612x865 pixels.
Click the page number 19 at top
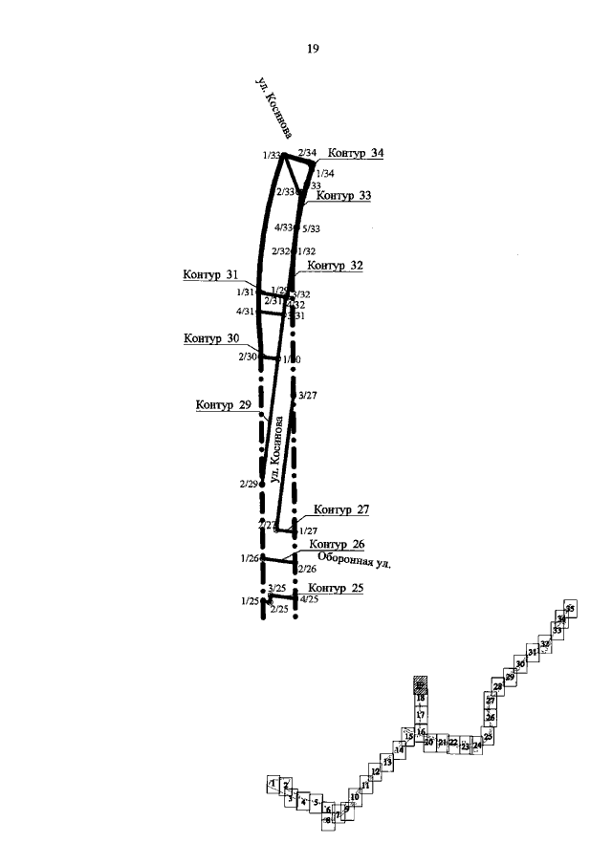coord(313,49)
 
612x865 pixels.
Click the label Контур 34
coord(356,153)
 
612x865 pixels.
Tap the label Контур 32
coord(336,266)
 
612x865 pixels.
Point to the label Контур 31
coord(211,275)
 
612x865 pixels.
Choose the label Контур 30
coord(212,338)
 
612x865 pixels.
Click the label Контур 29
coord(223,405)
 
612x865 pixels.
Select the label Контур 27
coord(341,509)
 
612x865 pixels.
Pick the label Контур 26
coord(338,544)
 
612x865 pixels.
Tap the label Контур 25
coord(337,587)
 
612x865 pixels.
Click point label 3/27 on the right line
coord(309,394)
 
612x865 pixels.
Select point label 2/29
coord(249,484)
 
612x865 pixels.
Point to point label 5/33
coord(311,229)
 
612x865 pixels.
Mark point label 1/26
coord(250,557)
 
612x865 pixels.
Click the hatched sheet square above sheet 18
coord(420,685)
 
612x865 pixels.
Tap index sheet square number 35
coord(570,609)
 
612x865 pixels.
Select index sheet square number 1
coord(273,784)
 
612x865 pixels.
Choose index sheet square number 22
coord(453,742)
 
